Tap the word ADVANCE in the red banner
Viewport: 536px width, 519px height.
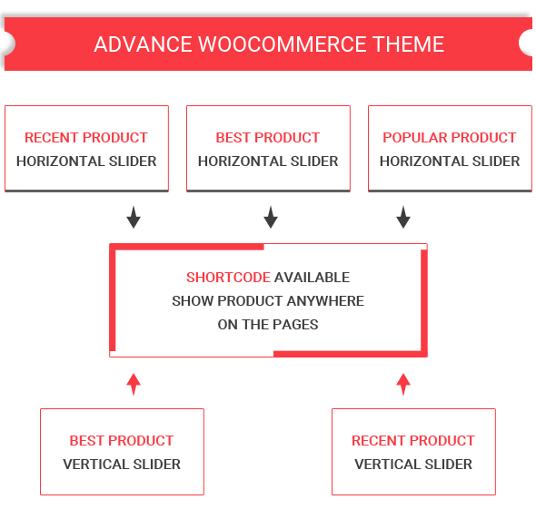[143, 44]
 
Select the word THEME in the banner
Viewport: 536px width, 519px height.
[409, 44]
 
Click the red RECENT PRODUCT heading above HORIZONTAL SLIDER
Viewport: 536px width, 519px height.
[86, 138]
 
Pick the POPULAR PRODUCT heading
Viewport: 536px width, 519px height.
[450, 138]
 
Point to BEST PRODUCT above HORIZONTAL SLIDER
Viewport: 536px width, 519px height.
[268, 138]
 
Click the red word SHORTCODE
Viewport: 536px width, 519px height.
[228, 278]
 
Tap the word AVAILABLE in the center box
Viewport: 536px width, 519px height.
[313, 278]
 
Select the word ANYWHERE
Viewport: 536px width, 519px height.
[325, 301]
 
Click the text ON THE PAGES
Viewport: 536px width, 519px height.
[268, 325]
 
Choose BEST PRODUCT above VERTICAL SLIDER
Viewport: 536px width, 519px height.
[122, 440]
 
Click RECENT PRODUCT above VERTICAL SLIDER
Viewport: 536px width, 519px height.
[413, 440]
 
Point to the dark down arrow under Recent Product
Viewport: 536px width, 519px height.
[134, 217]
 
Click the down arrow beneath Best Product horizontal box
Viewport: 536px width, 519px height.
[271, 217]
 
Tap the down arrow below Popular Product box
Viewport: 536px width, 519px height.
[403, 217]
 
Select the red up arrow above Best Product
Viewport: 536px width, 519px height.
[134, 385]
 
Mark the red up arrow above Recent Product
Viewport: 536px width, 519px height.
[403, 385]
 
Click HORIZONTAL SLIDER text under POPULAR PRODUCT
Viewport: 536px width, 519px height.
[450, 162]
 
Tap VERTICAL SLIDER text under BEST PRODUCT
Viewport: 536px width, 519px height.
[122, 464]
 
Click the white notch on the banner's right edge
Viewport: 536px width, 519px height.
[526, 43]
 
